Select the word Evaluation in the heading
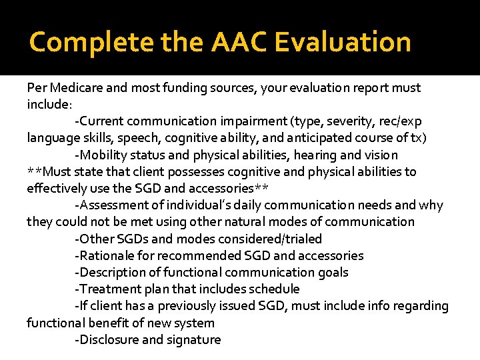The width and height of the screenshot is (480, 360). [x=342, y=42]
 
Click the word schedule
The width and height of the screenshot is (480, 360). [x=273, y=289]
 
